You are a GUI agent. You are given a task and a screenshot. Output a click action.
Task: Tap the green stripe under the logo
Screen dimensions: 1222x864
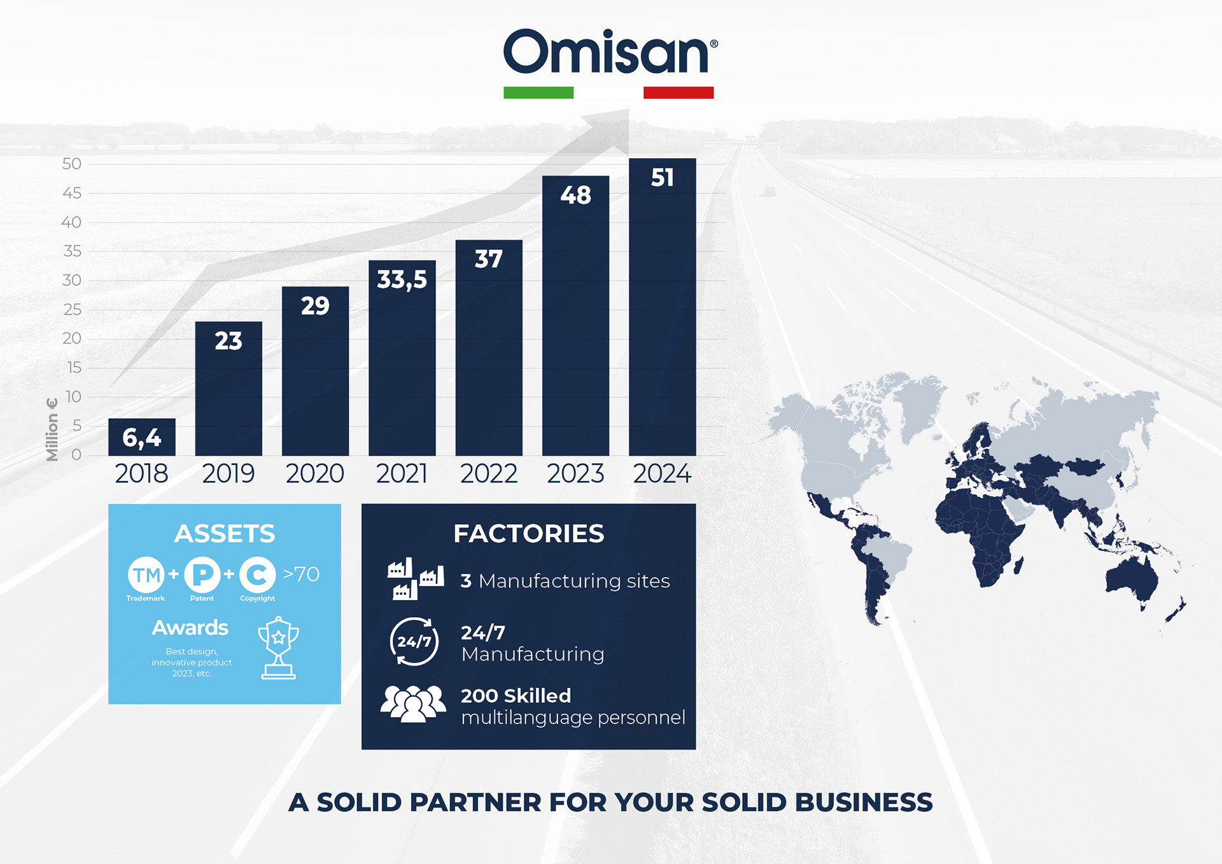pyautogui.click(x=538, y=93)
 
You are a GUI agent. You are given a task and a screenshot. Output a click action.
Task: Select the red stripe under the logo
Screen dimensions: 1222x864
pyautogui.click(x=678, y=93)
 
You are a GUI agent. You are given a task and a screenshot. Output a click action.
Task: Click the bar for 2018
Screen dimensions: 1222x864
pyautogui.click(x=142, y=437)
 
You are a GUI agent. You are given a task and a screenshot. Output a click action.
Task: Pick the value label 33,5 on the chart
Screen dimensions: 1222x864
pyautogui.click(x=402, y=280)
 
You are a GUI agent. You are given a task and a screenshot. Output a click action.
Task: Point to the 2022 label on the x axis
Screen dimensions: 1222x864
pyautogui.click(x=489, y=474)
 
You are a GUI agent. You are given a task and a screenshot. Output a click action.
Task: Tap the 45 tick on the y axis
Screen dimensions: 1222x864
pyautogui.click(x=72, y=193)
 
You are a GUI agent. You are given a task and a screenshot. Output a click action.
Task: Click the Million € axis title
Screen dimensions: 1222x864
pyautogui.click(x=52, y=429)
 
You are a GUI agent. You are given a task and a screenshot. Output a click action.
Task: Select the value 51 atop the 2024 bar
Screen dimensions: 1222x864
pyautogui.click(x=662, y=178)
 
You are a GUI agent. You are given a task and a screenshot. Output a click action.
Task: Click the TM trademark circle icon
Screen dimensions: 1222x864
pyautogui.click(x=146, y=575)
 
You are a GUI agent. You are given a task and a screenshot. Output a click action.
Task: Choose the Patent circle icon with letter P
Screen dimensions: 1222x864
pyautogui.click(x=202, y=575)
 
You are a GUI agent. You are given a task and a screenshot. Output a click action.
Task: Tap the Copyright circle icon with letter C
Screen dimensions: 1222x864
pyautogui.click(x=257, y=575)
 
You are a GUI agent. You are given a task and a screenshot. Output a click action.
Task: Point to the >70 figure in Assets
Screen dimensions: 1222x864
pyautogui.click(x=301, y=574)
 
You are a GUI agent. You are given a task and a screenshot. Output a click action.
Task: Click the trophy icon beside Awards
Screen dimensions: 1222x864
pyautogui.click(x=278, y=648)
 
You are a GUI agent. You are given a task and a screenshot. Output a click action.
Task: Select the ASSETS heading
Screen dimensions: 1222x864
pyautogui.click(x=225, y=534)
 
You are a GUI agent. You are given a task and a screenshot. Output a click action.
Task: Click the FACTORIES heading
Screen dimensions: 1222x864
pyautogui.click(x=529, y=534)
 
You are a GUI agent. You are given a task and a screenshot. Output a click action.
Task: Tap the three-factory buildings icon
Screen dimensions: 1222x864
pyautogui.click(x=416, y=579)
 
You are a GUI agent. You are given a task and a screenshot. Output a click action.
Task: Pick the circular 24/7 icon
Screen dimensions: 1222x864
pyautogui.click(x=414, y=641)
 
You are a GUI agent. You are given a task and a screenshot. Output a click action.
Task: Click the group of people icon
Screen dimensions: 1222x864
pyautogui.click(x=413, y=704)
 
